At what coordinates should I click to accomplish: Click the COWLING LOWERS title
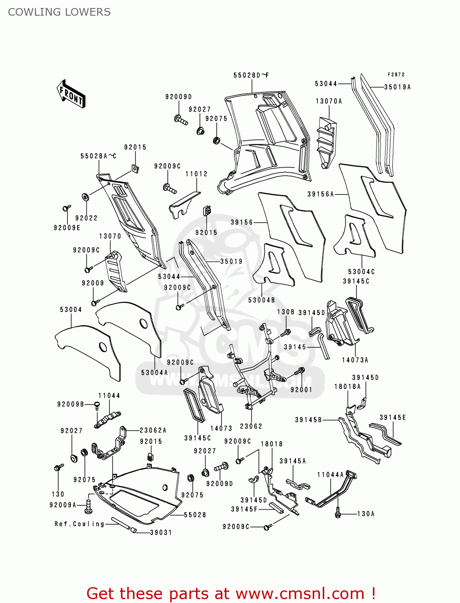[59, 12]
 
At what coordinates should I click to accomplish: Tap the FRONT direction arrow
[71, 94]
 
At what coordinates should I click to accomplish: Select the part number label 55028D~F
[251, 75]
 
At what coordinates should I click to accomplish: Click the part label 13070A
[329, 101]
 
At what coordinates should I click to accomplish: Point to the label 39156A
[321, 194]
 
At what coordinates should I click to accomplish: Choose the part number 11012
[196, 174]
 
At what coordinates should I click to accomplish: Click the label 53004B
[261, 300]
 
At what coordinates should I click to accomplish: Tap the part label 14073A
[355, 360]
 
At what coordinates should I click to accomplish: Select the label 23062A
[153, 430]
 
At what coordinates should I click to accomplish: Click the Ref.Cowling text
[79, 524]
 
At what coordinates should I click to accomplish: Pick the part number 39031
[161, 532]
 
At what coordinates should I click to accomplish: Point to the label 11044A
[330, 475]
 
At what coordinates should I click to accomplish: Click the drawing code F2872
[396, 74]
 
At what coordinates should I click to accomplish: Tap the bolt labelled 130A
[338, 513]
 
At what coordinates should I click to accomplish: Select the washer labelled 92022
[85, 197]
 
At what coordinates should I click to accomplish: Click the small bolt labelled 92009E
[66, 208]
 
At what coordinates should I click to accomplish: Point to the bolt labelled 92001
[301, 371]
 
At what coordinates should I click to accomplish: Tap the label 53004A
[155, 373]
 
